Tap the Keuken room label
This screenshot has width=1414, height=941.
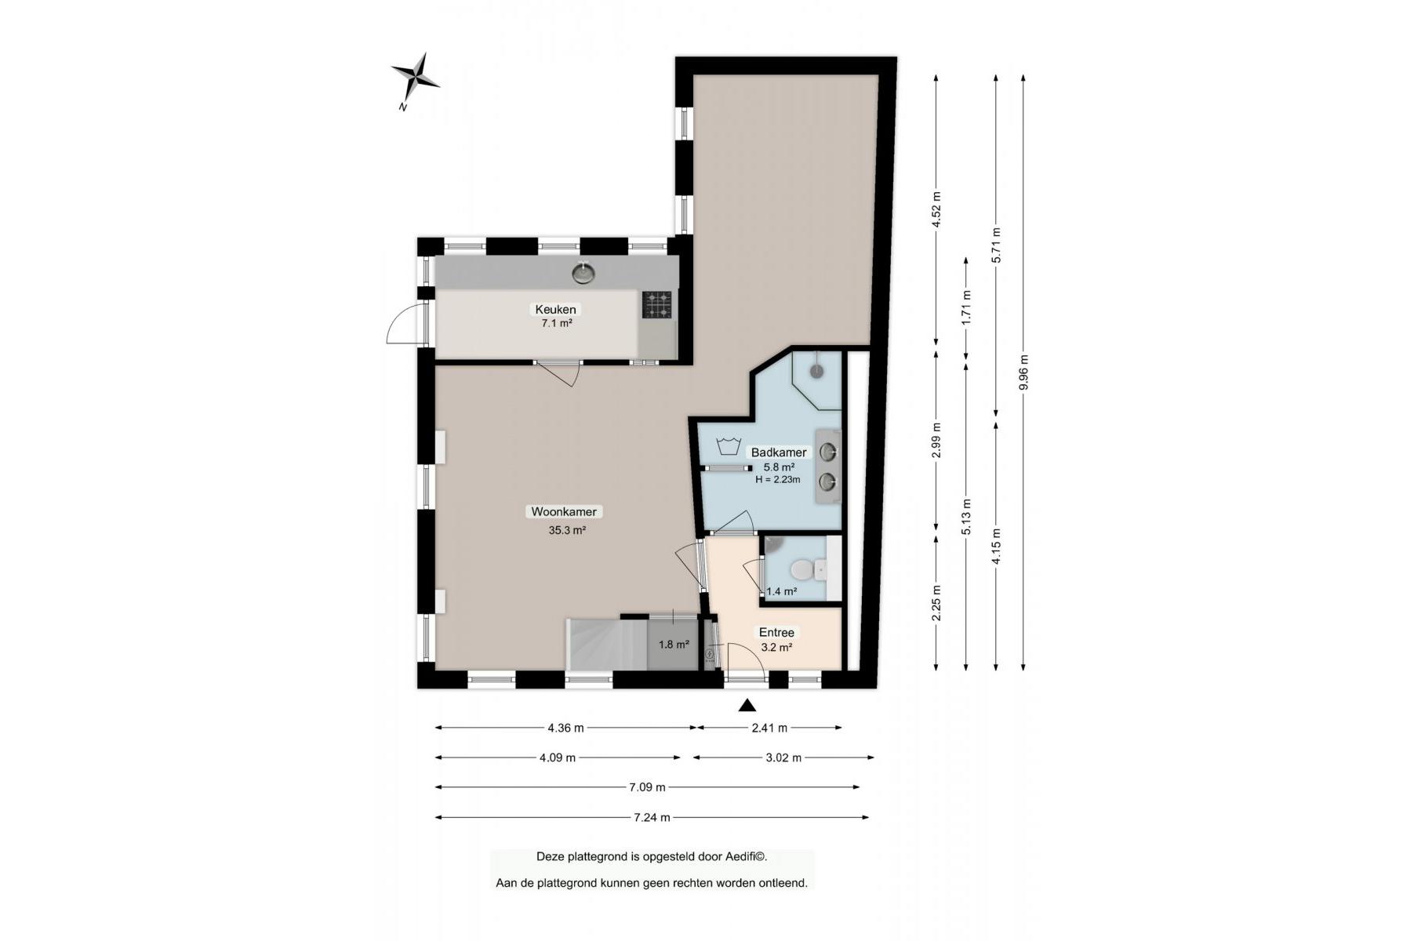click(555, 309)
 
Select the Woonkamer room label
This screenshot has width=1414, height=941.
click(564, 512)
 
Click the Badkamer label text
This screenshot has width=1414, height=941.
click(779, 452)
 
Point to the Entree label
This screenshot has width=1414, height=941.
click(776, 632)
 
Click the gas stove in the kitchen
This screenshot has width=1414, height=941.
click(657, 304)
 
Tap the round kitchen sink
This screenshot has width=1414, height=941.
click(583, 272)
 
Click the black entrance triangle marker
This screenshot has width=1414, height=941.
click(747, 705)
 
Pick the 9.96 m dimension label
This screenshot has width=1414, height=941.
click(1023, 372)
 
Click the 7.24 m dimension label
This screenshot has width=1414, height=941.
click(652, 817)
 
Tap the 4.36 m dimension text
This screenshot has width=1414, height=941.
click(566, 728)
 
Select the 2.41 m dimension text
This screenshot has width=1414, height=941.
click(769, 728)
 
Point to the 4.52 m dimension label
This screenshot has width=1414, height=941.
click(936, 209)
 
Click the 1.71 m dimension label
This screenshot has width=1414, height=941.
click(966, 307)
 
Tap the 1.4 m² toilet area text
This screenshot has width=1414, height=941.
click(782, 591)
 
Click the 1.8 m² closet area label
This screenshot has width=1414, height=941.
click(674, 645)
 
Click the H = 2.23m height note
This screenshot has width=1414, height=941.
click(778, 479)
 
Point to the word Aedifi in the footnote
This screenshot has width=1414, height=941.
click(739, 857)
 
